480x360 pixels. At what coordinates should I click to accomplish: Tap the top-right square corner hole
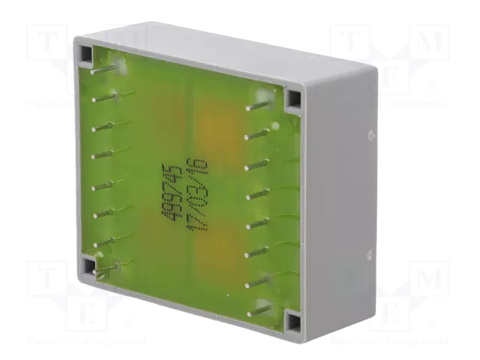292,97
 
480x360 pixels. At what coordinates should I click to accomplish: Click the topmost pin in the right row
259,106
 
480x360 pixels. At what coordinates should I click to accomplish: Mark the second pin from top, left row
103,97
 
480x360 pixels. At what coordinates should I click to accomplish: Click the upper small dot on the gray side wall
370,135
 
